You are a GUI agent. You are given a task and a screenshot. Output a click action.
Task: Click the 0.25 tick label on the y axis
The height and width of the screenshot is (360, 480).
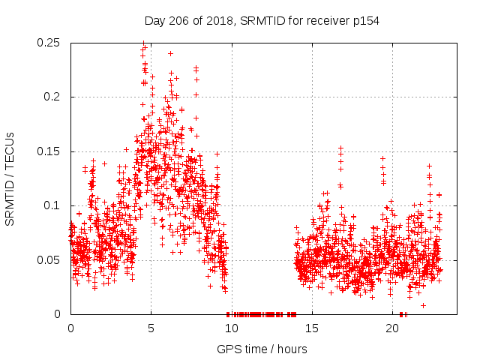click(49, 43)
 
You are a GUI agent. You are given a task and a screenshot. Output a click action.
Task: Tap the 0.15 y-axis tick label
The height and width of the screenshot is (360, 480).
click(49, 151)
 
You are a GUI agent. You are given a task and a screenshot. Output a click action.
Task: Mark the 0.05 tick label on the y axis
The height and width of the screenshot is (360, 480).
click(49, 260)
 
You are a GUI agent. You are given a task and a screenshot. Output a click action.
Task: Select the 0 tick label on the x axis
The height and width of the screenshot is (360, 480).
click(70, 328)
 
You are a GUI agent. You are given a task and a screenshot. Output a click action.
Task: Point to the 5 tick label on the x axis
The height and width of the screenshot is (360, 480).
click(151, 328)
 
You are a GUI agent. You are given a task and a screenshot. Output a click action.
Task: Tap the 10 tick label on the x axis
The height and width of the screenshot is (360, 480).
click(231, 328)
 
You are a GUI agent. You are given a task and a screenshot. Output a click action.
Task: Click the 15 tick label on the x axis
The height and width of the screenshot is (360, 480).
click(312, 328)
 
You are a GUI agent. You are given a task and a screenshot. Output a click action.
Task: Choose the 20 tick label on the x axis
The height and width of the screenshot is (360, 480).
click(392, 328)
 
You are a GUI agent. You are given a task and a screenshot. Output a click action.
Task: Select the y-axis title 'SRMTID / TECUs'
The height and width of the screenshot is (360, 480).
click(10, 178)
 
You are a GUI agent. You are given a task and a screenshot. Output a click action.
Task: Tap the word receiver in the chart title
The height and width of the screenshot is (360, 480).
click(325, 21)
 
